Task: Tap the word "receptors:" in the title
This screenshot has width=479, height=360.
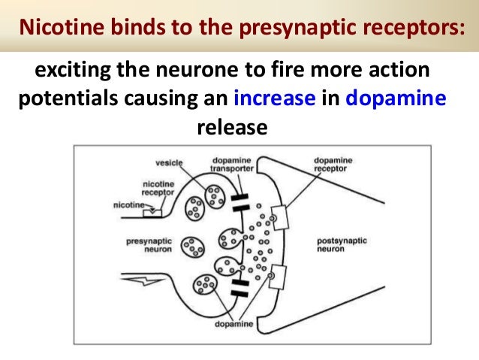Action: (414, 28)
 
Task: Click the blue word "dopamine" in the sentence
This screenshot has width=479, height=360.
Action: (396, 98)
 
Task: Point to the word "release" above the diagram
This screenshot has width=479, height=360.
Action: (232, 126)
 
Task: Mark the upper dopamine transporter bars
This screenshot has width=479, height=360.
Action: (239, 202)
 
